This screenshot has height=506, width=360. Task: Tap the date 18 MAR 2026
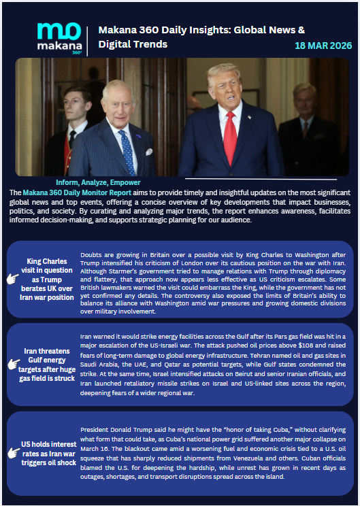[323, 46]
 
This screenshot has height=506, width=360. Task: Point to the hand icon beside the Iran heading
[12, 365]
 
